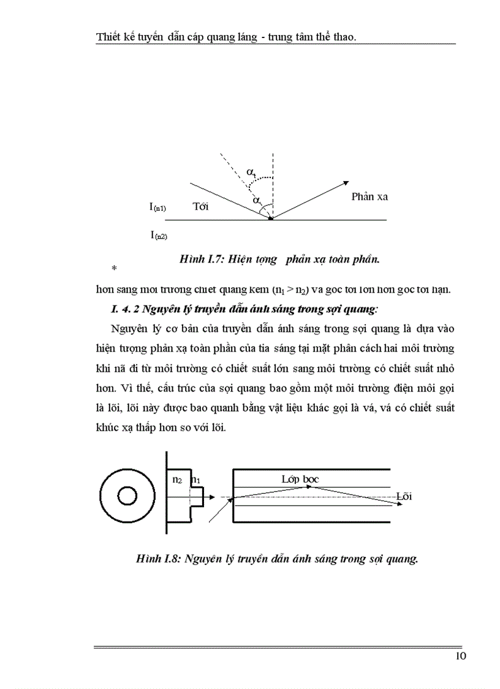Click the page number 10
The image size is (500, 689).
pyautogui.click(x=461, y=656)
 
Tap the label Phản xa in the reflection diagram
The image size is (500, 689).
pyautogui.click(x=369, y=197)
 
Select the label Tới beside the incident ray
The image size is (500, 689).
pyautogui.click(x=200, y=206)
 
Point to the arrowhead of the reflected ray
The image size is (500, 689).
pyautogui.click(x=346, y=182)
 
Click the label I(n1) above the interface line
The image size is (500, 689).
pyautogui.click(x=157, y=207)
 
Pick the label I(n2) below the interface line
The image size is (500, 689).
pyautogui.click(x=158, y=234)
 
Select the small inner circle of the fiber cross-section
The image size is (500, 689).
pyautogui.click(x=127, y=496)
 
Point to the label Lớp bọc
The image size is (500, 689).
pyautogui.click(x=300, y=479)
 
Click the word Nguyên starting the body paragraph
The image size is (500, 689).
pyautogui.click(x=129, y=328)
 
